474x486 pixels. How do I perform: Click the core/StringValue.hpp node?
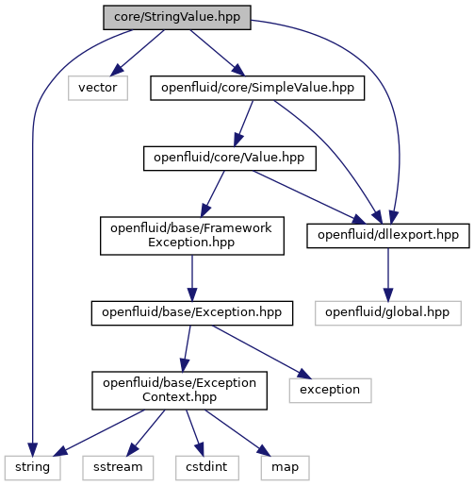[x=177, y=18]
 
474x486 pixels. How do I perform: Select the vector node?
[x=98, y=88]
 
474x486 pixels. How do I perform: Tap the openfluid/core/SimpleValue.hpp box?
[x=257, y=88]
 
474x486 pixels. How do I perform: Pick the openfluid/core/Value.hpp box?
[x=230, y=159]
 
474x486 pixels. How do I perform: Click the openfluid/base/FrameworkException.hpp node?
[x=192, y=236]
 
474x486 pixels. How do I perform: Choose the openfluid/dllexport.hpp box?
[x=388, y=236]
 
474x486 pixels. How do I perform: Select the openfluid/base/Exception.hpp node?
[x=192, y=313]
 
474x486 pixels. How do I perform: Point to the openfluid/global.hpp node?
[x=388, y=313]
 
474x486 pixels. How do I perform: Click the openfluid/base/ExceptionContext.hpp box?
[x=179, y=391]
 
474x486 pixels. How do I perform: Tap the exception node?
[x=331, y=391]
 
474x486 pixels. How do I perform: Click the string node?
[x=33, y=468]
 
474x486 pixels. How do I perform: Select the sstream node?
[x=118, y=468]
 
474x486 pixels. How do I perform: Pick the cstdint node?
[x=207, y=468]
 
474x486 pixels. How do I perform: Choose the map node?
[x=285, y=468]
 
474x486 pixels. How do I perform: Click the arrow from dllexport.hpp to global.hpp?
[x=388, y=275]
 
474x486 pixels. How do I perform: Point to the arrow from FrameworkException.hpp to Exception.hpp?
[x=192, y=278]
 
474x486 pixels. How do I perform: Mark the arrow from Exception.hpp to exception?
[x=262, y=352]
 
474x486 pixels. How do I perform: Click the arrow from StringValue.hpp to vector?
[x=137, y=53]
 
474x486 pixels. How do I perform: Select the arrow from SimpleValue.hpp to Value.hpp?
[x=243, y=124]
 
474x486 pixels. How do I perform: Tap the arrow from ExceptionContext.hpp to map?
[x=237, y=433]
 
